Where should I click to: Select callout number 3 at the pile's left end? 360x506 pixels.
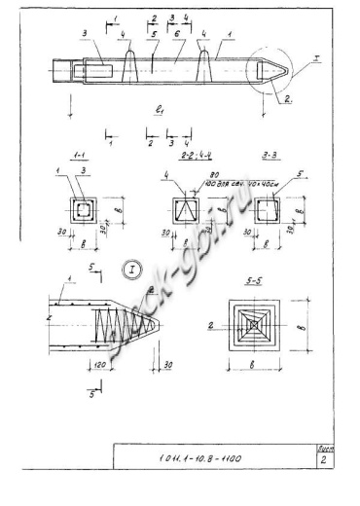pyautogui.click(x=86, y=34)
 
